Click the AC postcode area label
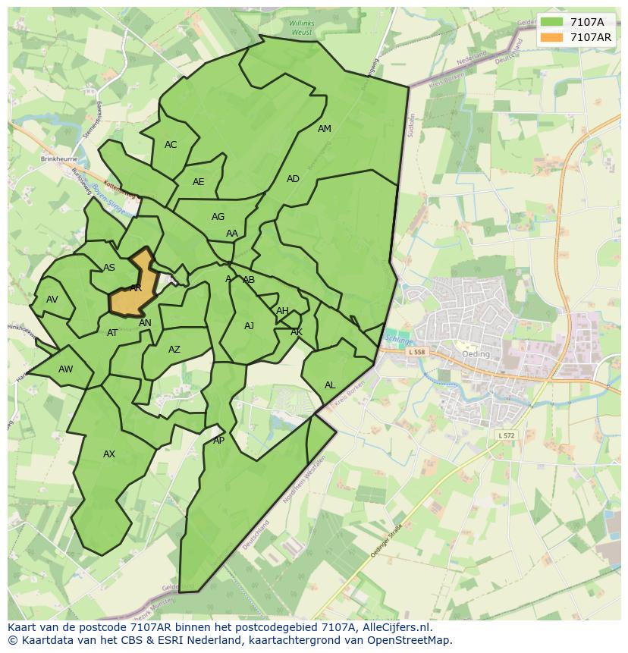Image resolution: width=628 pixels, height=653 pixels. (x=171, y=145)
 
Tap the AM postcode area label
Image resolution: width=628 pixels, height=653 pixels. (x=325, y=129)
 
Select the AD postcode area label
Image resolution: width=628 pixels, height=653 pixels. (x=293, y=179)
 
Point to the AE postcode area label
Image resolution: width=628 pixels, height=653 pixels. (x=199, y=182)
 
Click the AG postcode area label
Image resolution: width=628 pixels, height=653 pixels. (x=218, y=217)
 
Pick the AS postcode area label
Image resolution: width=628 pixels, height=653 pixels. (x=109, y=268)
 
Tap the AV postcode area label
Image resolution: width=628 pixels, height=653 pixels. (x=52, y=300)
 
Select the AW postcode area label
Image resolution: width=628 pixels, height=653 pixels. (x=66, y=369)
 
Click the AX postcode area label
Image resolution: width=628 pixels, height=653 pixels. (x=109, y=454)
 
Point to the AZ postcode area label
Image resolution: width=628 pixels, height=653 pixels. (x=174, y=350)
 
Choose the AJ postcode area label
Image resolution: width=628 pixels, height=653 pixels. (x=250, y=327)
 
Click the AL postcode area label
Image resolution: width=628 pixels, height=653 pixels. (x=330, y=385)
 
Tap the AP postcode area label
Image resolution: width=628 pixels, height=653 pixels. (x=219, y=441)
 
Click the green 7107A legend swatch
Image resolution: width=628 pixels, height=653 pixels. (x=551, y=22)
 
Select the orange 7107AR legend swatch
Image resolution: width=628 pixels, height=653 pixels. (x=551, y=37)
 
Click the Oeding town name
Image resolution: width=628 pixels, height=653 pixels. (x=476, y=354)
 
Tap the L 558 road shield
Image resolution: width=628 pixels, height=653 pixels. (x=416, y=353)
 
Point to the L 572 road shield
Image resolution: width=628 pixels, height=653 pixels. (x=507, y=435)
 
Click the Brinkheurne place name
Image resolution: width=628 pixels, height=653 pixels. (x=59, y=160)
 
